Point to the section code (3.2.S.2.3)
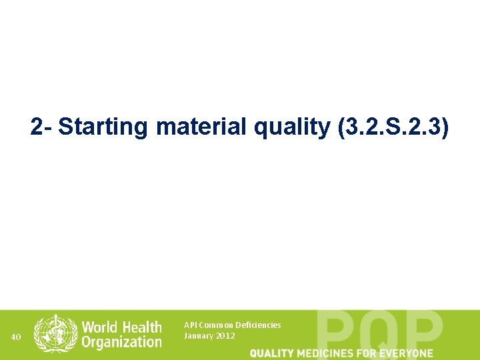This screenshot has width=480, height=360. click(393, 127)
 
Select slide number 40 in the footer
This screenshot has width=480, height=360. click(17, 337)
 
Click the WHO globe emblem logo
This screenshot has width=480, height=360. click(56, 333)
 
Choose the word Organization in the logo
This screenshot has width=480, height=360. click(122, 342)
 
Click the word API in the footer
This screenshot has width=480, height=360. click(191, 325)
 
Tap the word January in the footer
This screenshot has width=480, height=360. click(198, 335)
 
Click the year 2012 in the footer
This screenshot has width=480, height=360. click(225, 335)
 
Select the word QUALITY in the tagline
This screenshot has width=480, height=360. click(272, 353)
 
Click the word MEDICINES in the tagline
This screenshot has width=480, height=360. click(326, 353)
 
